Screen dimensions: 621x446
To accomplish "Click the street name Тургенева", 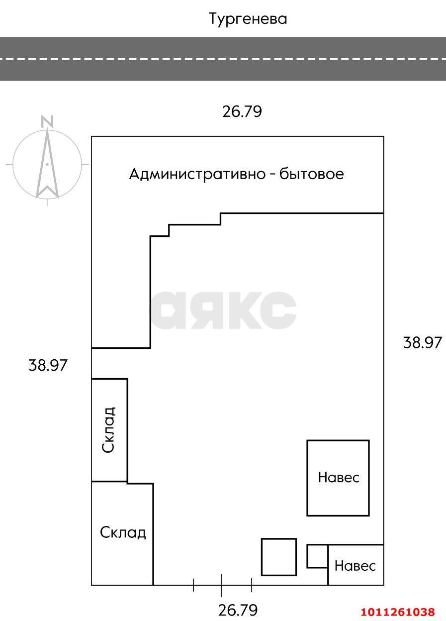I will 248,19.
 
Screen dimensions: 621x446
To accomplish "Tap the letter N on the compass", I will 47,121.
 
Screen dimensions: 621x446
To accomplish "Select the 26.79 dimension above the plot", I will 242,111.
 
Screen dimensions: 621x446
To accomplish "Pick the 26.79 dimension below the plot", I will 238,610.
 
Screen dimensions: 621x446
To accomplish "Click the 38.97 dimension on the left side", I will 48,366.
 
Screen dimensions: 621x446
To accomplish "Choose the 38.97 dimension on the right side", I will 422,343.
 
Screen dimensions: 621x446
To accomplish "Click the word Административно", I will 196,174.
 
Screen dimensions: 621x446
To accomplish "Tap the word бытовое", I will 312,174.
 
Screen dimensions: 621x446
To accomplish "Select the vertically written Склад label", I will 108,429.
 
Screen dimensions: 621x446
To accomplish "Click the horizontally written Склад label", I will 123,533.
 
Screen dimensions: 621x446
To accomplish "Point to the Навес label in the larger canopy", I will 338,478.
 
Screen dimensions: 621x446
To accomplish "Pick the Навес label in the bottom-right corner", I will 355,566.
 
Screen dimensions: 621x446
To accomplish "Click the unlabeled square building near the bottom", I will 278,557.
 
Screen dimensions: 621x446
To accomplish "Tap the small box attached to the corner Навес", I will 317,556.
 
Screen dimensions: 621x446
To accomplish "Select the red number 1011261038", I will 398,612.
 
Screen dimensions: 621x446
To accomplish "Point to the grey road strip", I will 223,59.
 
